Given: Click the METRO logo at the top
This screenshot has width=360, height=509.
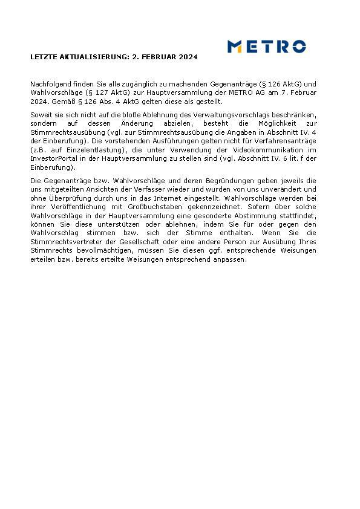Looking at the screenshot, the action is pos(266,47).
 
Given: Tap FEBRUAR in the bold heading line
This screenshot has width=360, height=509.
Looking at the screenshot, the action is pos(158,57).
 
